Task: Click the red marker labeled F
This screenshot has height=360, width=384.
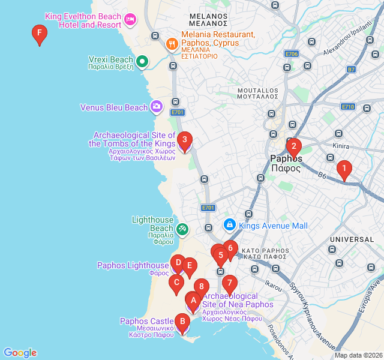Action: [x=39, y=34]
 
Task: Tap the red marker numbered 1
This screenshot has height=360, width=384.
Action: [x=344, y=169]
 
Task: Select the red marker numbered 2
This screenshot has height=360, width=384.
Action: [x=293, y=146]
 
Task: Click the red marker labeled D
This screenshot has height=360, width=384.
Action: [x=178, y=262]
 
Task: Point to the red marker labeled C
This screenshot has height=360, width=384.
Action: [x=176, y=283]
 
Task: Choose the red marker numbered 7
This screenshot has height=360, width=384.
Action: [x=229, y=283]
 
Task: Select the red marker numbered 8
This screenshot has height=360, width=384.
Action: [x=201, y=287]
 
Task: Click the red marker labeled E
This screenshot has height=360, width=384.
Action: [x=190, y=265]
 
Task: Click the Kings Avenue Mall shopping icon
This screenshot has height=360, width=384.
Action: [x=229, y=226]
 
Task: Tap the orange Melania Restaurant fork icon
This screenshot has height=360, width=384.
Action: [x=171, y=43]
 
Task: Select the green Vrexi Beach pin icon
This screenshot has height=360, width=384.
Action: [x=142, y=61]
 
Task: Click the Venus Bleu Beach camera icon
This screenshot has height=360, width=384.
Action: [x=157, y=107]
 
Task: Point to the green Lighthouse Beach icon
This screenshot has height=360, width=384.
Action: [x=182, y=229]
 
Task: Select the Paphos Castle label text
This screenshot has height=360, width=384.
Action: [x=146, y=322]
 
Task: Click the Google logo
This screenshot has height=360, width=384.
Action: [x=20, y=353]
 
